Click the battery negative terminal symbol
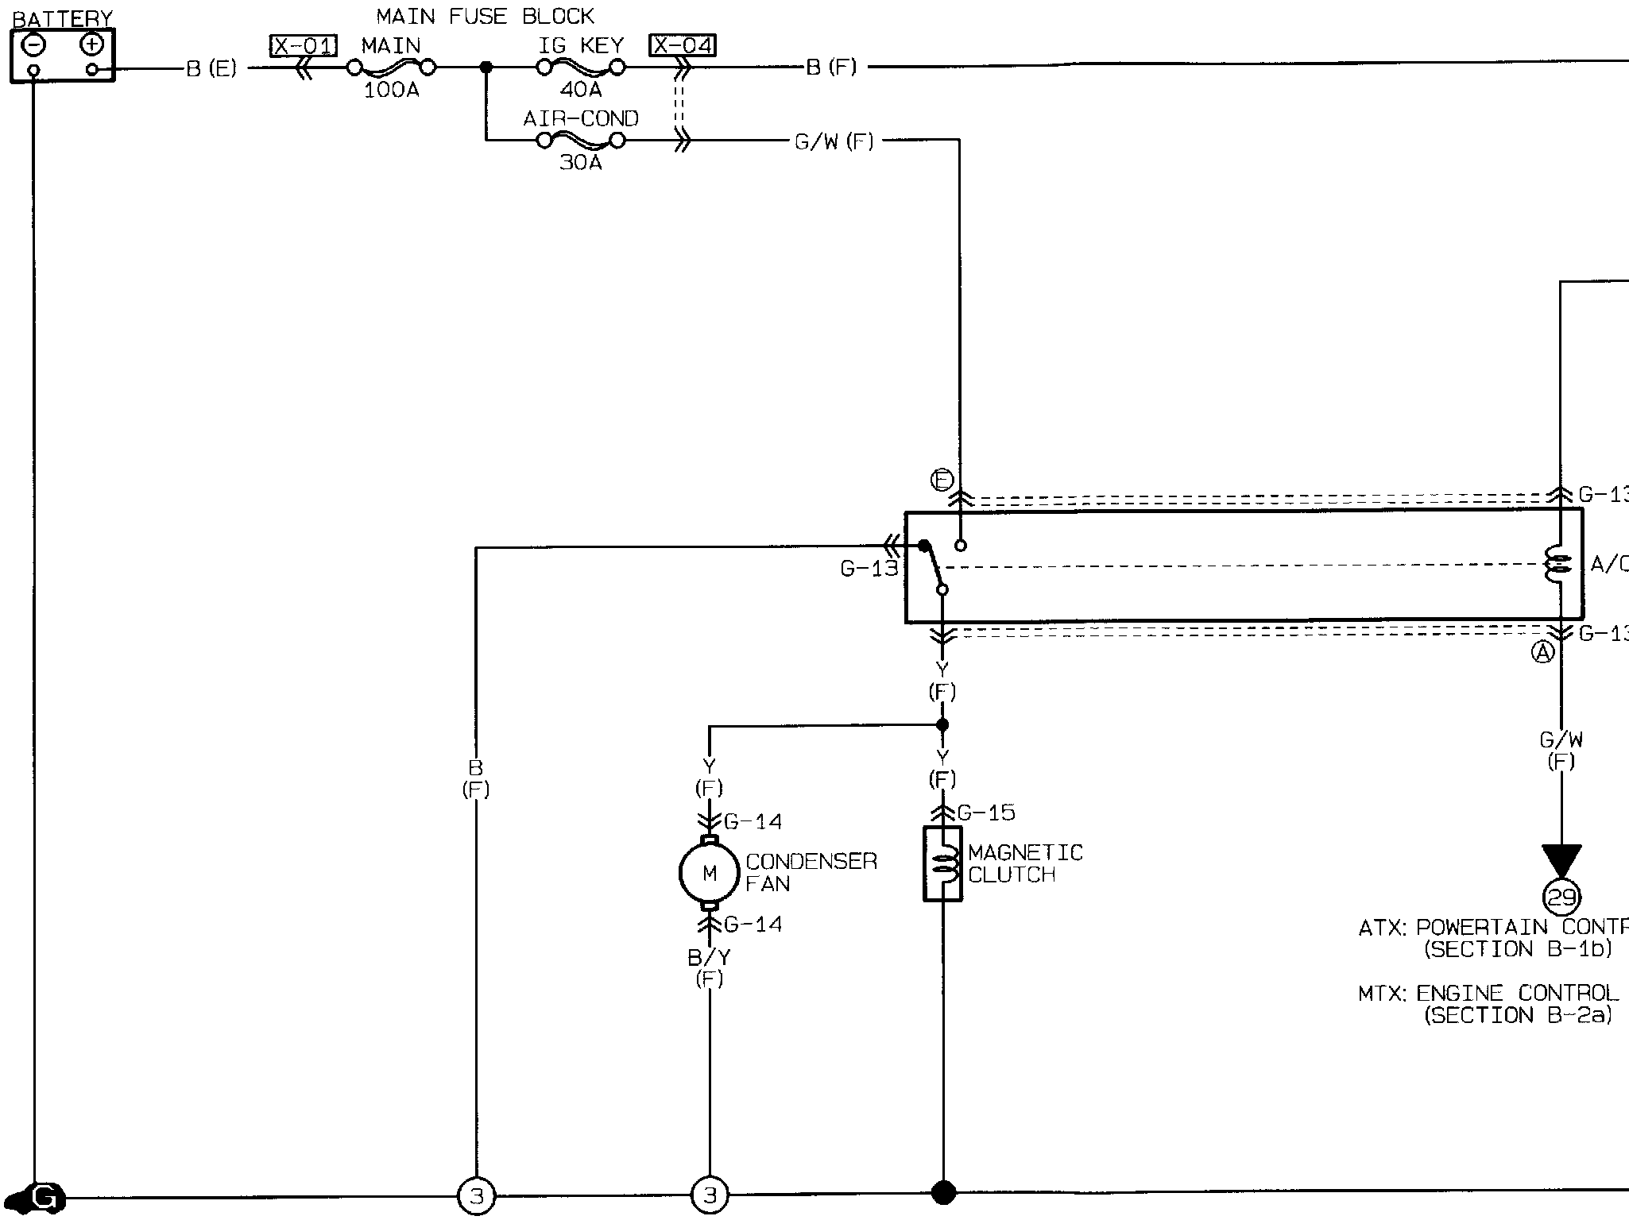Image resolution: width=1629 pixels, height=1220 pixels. click(33, 44)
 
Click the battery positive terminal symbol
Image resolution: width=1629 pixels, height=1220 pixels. click(92, 44)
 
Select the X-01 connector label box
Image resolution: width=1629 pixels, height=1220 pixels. click(304, 46)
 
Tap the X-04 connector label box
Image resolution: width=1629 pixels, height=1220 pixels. click(682, 46)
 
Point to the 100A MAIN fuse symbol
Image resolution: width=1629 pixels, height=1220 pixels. click(391, 68)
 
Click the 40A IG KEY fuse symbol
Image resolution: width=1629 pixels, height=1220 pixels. click(581, 68)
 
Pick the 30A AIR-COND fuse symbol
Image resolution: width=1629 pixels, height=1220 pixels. click(581, 141)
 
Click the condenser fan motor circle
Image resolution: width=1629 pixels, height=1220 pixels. click(709, 874)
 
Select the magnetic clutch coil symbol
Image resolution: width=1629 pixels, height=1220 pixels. click(942, 864)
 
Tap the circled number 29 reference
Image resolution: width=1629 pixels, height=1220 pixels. click(1561, 898)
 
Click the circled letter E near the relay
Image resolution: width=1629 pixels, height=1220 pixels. click(942, 481)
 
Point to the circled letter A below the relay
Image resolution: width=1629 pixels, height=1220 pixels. click(1542, 653)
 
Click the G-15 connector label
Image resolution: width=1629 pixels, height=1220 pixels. click(986, 813)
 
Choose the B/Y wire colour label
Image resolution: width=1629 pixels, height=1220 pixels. click(709, 958)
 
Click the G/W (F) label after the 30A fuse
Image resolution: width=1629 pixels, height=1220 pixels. click(834, 142)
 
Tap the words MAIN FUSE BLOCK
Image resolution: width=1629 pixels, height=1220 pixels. click(485, 17)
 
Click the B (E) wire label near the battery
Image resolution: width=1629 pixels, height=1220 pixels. click(211, 69)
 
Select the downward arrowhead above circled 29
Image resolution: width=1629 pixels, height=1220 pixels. click(1561, 860)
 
